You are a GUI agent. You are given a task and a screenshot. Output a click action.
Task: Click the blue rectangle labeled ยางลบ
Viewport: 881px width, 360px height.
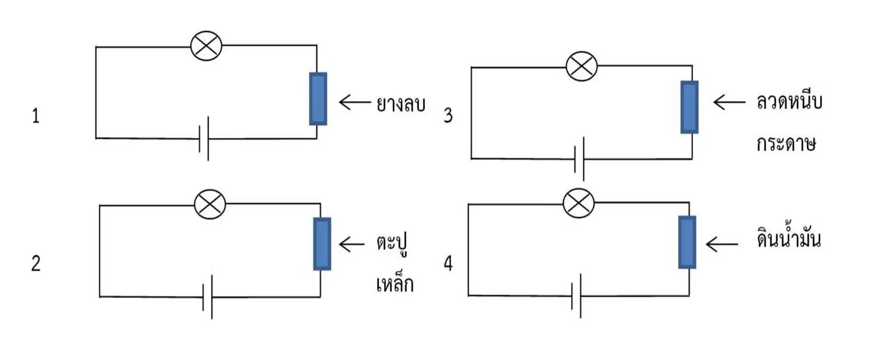click(x=318, y=99)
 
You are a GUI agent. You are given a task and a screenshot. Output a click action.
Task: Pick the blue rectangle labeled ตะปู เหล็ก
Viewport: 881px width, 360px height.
click(x=322, y=244)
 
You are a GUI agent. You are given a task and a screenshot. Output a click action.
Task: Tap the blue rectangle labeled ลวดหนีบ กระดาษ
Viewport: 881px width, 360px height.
click(x=690, y=107)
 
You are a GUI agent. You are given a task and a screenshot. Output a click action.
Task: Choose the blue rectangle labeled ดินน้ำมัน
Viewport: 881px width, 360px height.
click(x=687, y=242)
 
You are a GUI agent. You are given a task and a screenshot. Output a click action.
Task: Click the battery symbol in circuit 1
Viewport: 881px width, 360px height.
click(x=203, y=139)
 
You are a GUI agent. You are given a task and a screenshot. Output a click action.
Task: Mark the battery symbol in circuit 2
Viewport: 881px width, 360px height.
click(x=207, y=297)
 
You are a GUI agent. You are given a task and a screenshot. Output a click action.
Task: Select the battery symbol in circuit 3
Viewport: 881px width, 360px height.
click(x=579, y=159)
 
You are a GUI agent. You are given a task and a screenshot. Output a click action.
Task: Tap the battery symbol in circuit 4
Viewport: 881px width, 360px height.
click(x=577, y=296)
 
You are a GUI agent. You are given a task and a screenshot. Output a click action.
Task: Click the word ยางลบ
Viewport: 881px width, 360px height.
click(x=401, y=104)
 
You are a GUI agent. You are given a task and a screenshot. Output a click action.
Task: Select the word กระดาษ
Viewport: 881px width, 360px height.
click(x=786, y=143)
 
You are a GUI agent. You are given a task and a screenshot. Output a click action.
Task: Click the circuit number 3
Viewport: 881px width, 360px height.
click(x=448, y=116)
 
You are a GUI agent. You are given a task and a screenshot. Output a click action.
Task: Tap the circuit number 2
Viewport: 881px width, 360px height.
click(x=36, y=264)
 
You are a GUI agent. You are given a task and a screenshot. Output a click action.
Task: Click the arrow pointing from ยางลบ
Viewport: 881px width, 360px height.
click(x=355, y=102)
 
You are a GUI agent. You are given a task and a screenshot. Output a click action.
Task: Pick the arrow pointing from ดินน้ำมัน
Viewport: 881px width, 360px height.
click(x=722, y=244)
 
